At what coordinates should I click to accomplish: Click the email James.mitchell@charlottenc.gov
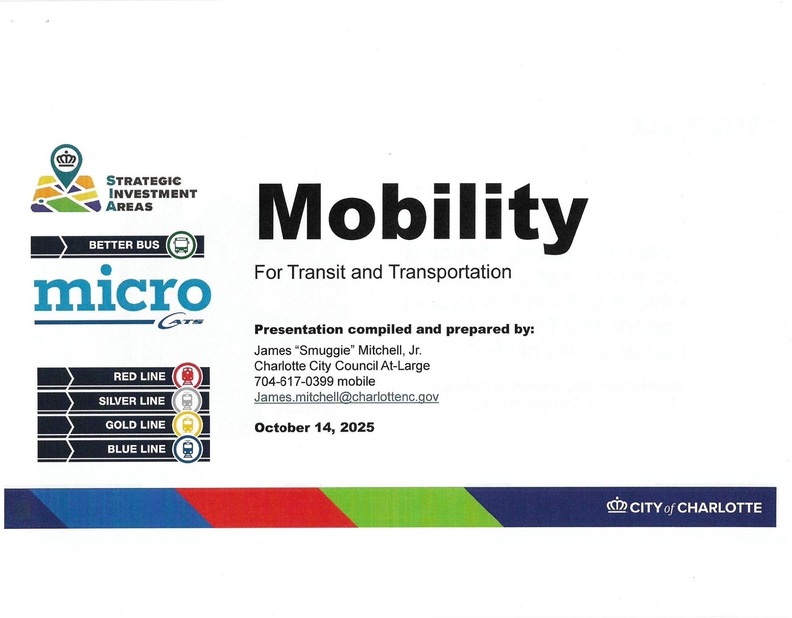pos(346,397)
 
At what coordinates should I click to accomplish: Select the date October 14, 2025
pos(314,428)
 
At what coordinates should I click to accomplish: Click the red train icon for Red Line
pos(187,376)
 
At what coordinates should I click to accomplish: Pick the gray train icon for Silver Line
pos(187,401)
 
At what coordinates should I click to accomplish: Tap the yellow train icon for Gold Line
pos(187,425)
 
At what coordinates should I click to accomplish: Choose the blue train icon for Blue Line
pos(187,449)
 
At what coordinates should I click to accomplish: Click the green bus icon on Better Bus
pos(181,245)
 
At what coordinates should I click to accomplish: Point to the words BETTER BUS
pos(124,245)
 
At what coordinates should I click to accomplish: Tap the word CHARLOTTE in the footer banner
pos(720,508)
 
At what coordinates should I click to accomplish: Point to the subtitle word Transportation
pos(450,272)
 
